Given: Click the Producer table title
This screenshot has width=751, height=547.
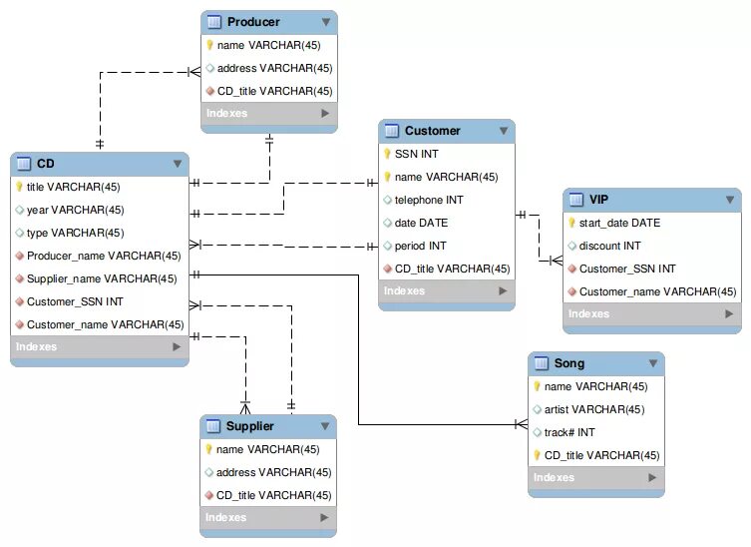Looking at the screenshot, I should click(x=253, y=22).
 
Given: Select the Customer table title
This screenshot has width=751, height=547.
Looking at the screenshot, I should click(x=432, y=131).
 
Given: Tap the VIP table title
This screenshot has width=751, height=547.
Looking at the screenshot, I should click(x=598, y=200).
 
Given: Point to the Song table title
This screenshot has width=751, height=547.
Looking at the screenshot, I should click(x=568, y=363).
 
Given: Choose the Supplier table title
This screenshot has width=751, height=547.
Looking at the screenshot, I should click(x=249, y=426).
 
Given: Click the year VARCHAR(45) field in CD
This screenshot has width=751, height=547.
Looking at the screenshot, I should click(x=75, y=210).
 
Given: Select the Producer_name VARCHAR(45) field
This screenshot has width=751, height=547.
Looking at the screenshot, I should click(x=104, y=256).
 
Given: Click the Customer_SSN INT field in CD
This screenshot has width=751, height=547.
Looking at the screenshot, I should click(x=75, y=301).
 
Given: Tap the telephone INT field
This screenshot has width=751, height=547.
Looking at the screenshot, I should click(x=429, y=200).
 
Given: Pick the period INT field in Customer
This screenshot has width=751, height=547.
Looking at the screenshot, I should click(x=420, y=246).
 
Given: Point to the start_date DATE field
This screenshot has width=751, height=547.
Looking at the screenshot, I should click(x=619, y=223).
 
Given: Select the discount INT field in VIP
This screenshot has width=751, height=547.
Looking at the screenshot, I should click(x=609, y=246).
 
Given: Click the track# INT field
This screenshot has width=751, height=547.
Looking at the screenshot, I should click(x=569, y=432).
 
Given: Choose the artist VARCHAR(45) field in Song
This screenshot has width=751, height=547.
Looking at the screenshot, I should click(x=594, y=409).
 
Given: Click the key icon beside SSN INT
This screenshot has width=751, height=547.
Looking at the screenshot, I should click(x=387, y=154).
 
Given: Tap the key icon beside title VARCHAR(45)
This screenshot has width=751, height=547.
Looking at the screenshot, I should click(x=19, y=187).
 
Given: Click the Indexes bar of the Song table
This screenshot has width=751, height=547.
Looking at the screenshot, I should click(x=595, y=478).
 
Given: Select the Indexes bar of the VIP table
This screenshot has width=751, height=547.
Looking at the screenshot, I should click(x=651, y=314).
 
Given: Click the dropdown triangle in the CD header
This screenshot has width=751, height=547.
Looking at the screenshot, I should click(x=178, y=164).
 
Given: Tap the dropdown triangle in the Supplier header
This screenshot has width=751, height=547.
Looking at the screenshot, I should click(x=325, y=427).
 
